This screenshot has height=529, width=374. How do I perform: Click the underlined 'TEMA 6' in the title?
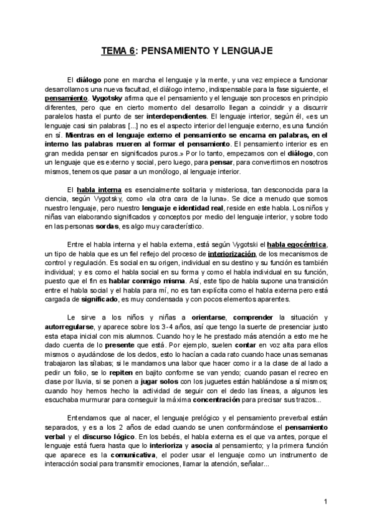[118, 52]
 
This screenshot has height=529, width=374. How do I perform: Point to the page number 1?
[325, 502]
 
